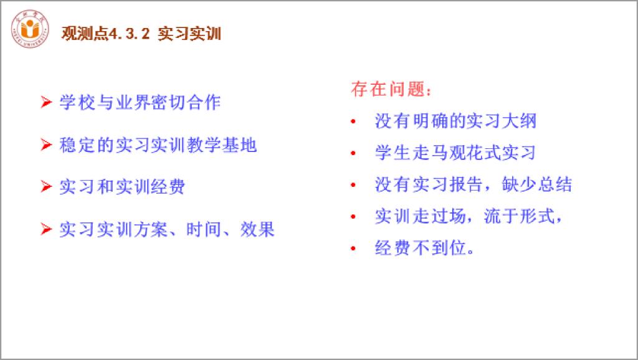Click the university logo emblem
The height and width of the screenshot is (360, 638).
click(x=30, y=29)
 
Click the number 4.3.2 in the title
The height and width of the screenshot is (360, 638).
click(x=129, y=34)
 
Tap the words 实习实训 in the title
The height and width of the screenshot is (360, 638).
click(x=189, y=34)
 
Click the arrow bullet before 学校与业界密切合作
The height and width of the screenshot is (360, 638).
click(x=46, y=102)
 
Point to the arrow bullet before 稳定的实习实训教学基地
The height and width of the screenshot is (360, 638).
click(x=46, y=144)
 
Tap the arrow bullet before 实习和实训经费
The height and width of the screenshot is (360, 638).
click(x=46, y=186)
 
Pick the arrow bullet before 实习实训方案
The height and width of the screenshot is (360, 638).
click(x=46, y=229)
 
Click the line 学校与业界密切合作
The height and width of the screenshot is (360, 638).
click(x=140, y=102)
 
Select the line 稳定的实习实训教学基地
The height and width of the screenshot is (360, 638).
click(x=158, y=145)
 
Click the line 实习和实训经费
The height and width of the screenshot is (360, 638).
click(x=123, y=187)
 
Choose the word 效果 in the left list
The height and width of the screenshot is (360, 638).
click(x=257, y=229)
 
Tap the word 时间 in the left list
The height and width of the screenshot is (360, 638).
click(x=204, y=229)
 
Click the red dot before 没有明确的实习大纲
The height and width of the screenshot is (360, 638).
click(x=353, y=121)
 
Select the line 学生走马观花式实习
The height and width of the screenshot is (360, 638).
click(x=455, y=153)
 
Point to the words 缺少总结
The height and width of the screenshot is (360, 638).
click(x=536, y=184)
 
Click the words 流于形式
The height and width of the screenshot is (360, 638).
click(x=519, y=216)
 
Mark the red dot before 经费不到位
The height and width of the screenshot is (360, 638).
click(x=353, y=248)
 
